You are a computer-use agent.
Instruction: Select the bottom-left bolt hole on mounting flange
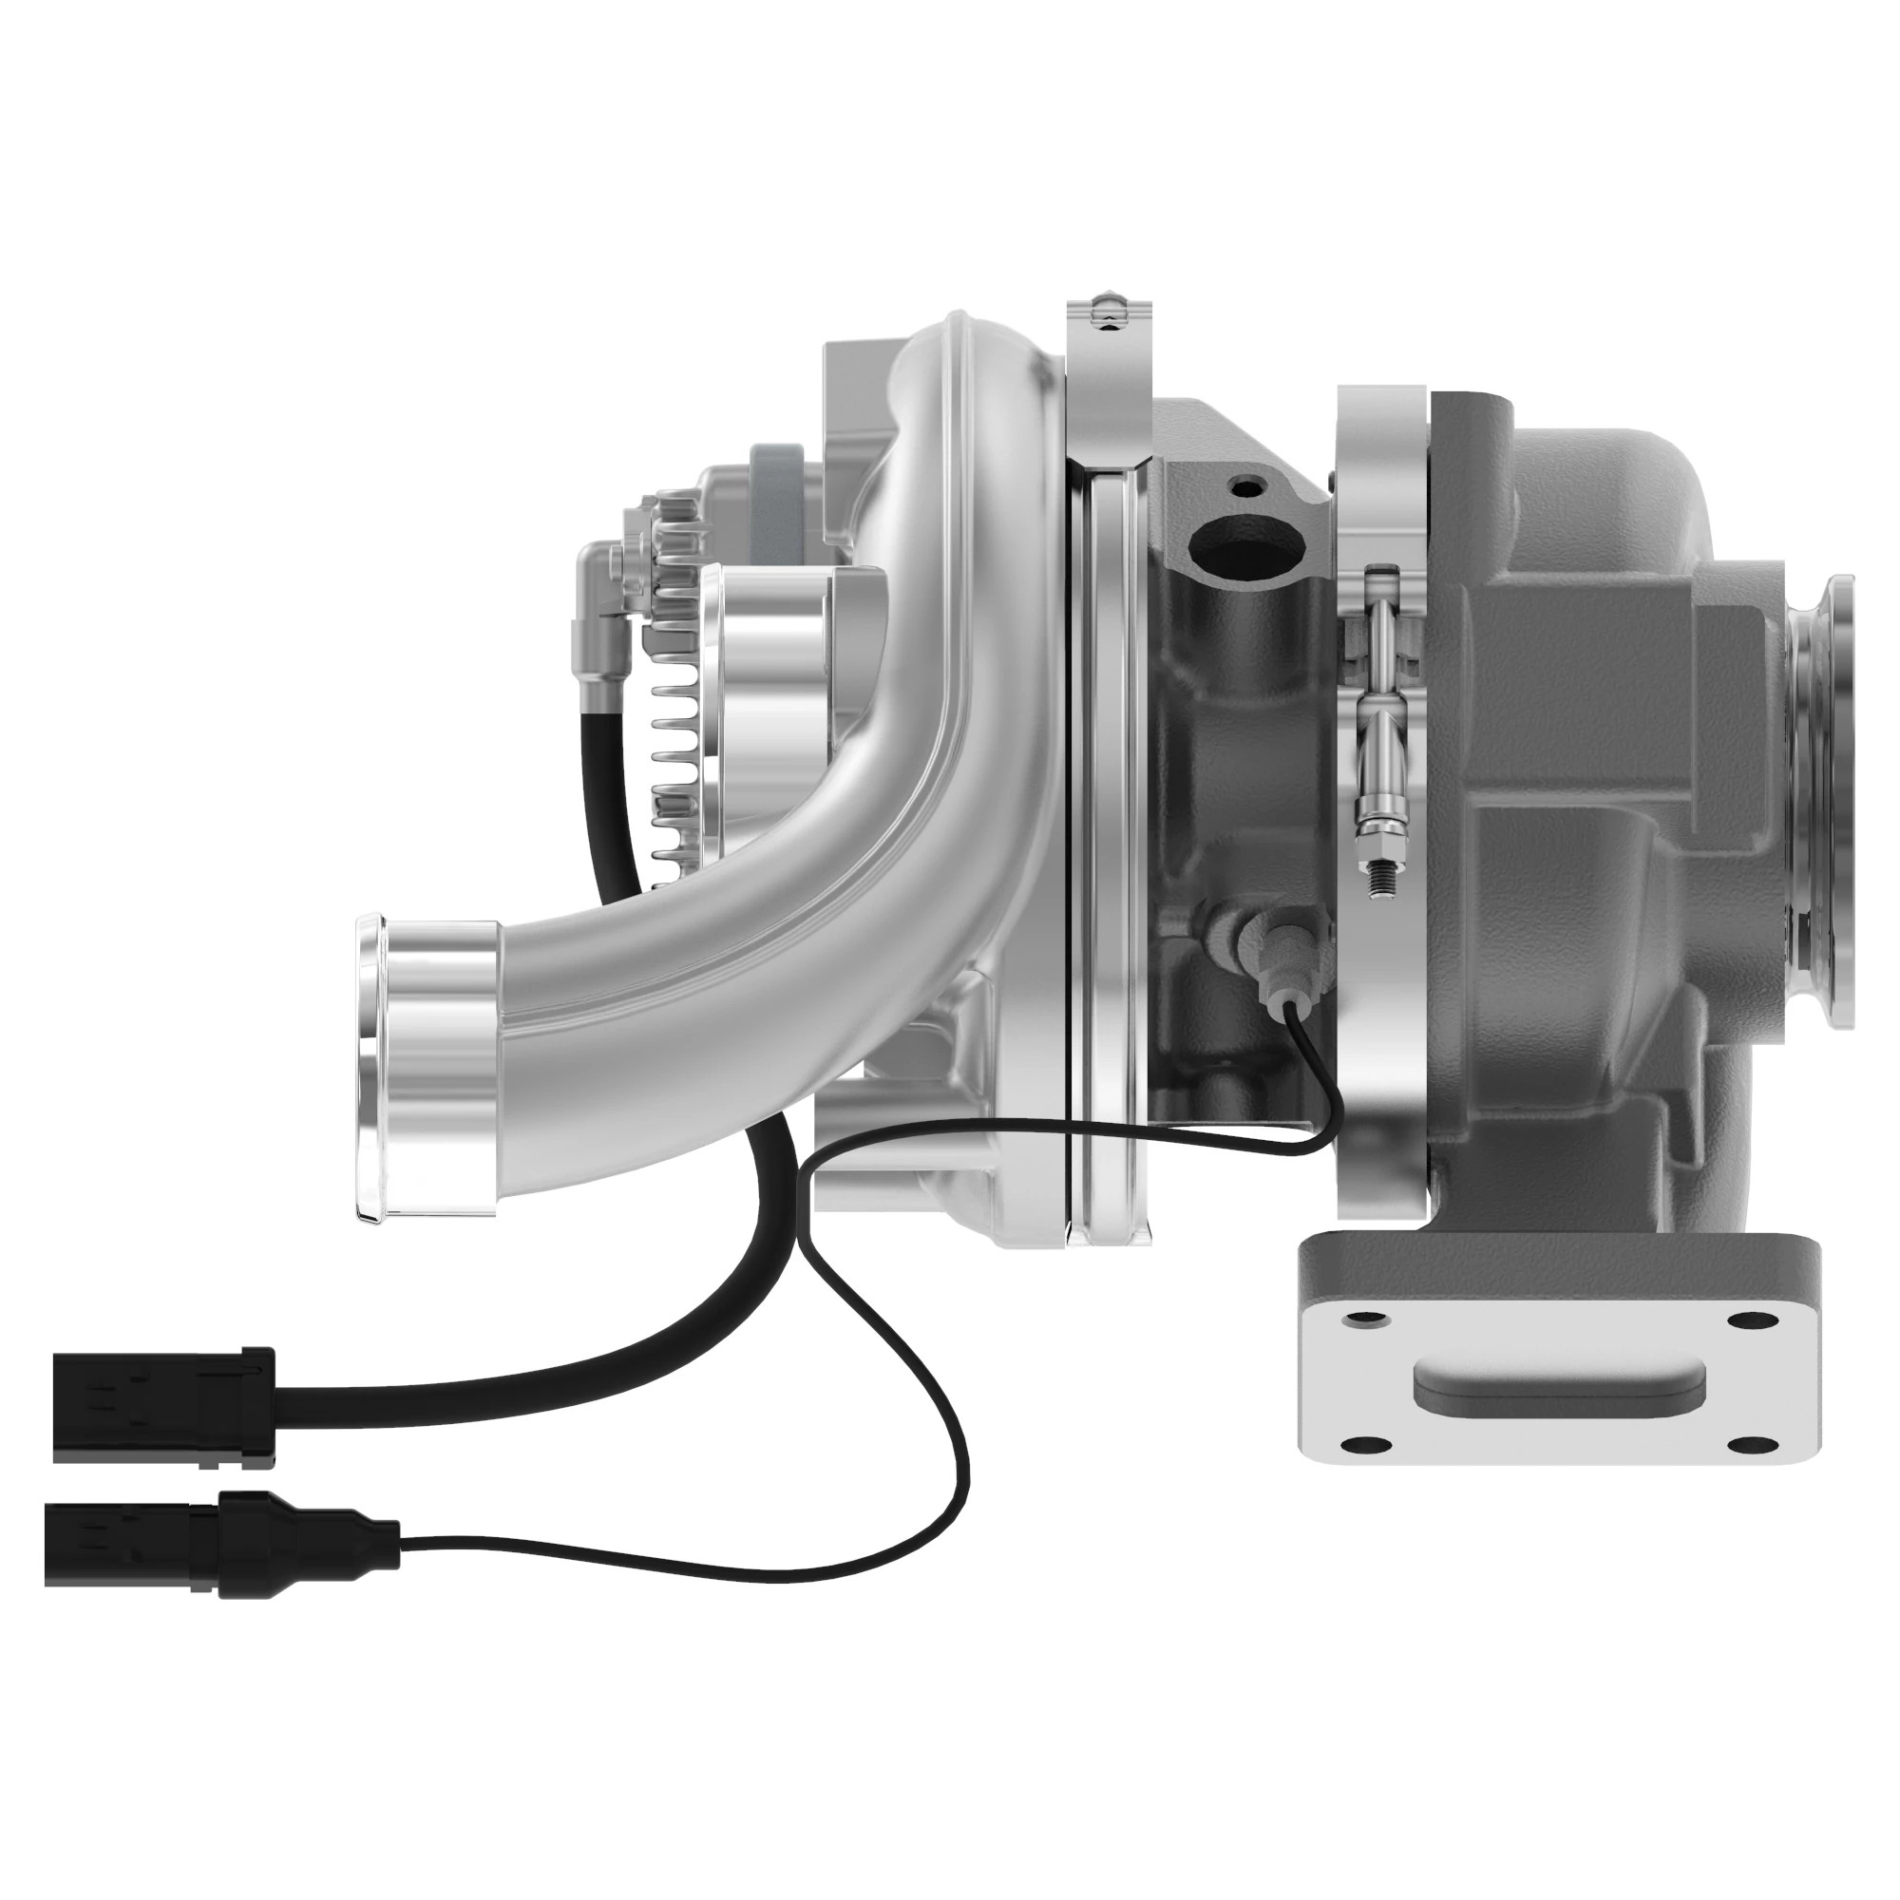click(x=1361, y=1443)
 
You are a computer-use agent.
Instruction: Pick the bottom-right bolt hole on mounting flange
click(x=1743, y=1443)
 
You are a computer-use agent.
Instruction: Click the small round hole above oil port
click(x=1250, y=485)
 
